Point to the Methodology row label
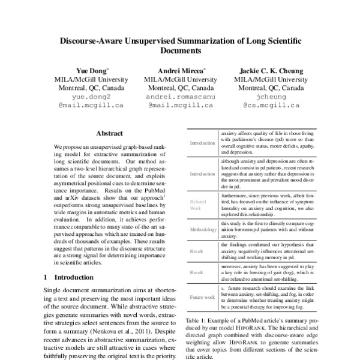point(202,230)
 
